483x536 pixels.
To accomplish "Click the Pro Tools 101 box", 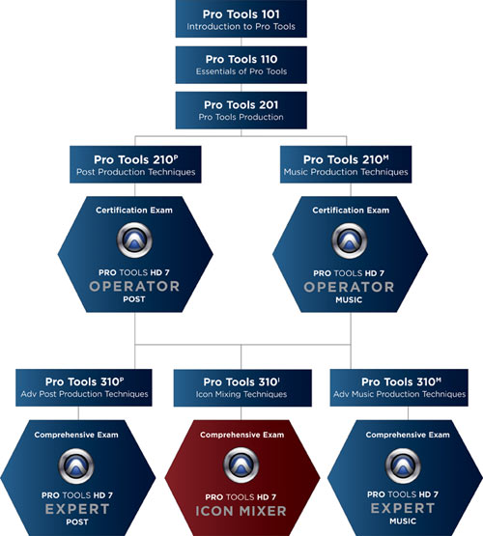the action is tap(241, 18).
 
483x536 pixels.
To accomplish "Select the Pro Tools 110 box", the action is tap(241, 65).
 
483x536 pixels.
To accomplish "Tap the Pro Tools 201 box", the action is tap(241, 110).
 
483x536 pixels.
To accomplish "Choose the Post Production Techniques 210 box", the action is tap(135, 164).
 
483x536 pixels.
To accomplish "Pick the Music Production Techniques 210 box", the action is tap(346, 164).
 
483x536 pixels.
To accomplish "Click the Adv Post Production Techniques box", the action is tap(84, 387).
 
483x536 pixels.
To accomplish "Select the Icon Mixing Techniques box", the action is tap(242, 387).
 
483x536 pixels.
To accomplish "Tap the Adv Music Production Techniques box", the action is tap(399, 387).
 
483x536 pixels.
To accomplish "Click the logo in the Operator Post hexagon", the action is tap(134, 240).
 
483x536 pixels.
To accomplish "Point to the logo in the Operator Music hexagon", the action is tap(350, 240).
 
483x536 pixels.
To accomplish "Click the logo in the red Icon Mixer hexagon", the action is tap(241, 465).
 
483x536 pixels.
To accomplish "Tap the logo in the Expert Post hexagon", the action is tap(76, 465).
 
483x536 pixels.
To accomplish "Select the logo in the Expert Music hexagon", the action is tap(403, 465).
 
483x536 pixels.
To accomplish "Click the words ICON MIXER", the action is tap(241, 511).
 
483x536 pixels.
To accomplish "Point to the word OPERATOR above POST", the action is tap(134, 286).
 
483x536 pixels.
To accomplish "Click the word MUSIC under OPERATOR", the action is tap(349, 300).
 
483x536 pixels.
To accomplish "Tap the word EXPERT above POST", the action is tap(77, 509).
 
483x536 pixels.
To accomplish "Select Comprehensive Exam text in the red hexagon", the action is tap(242, 435).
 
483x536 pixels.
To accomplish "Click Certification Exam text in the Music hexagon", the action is tap(351, 211).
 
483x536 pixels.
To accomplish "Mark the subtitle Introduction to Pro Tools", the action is tap(241, 27).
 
